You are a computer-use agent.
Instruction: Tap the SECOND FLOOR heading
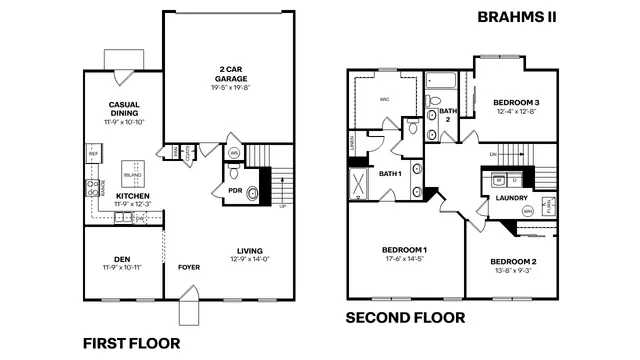(405, 319)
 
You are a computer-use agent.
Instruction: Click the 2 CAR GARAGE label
(230, 73)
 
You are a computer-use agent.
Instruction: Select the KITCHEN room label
(132, 198)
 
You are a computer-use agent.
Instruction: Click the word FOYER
(188, 267)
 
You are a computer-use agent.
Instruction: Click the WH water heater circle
(234, 153)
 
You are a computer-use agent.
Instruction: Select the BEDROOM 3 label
(516, 106)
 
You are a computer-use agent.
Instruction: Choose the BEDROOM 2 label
(513, 262)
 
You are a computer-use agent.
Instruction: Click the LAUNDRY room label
(511, 198)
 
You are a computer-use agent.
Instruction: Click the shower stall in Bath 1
(357, 185)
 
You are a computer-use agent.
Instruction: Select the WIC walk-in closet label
(385, 99)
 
